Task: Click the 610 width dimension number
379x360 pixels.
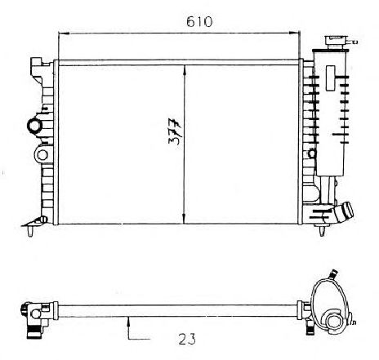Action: click(x=199, y=22)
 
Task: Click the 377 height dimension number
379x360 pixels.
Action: click(x=175, y=131)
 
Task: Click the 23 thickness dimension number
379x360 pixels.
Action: click(x=187, y=339)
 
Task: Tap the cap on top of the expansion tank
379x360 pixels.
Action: click(x=335, y=42)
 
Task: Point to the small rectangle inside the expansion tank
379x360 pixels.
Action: click(x=331, y=78)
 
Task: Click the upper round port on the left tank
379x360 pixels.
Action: click(x=34, y=126)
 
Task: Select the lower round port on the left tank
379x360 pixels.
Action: click(x=42, y=155)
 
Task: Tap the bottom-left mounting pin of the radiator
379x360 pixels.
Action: click(x=30, y=231)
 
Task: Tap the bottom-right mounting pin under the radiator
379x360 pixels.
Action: click(x=322, y=231)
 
